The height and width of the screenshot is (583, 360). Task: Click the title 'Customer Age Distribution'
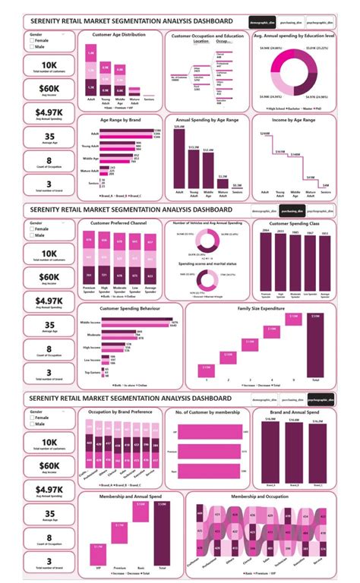pyautogui.click(x=119, y=35)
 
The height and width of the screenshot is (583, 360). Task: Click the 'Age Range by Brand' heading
pyautogui.click(x=119, y=120)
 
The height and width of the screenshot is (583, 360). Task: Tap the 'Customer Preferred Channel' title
pyautogui.click(x=119, y=225)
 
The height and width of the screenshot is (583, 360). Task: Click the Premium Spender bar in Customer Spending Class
pyautogui.click(x=266, y=262)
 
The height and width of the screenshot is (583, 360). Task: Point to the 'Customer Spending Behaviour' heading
pyautogui.click(x=119, y=309)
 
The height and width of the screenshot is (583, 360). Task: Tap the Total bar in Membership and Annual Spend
pyautogui.click(x=161, y=534)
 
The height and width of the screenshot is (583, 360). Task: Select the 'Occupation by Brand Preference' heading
pyautogui.click(x=119, y=411)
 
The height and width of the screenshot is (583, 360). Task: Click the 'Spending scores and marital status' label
pyautogui.click(x=206, y=263)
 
